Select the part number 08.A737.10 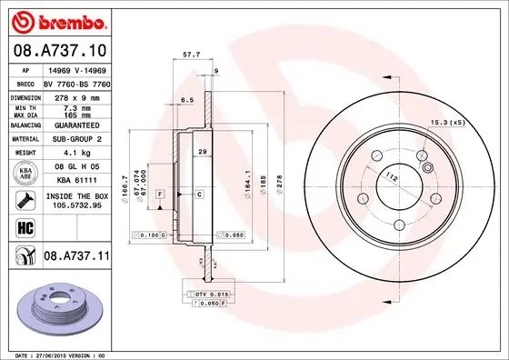click(59, 51)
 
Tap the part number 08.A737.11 click(76, 257)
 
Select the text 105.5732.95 click(75, 205)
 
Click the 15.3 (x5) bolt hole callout click(447, 122)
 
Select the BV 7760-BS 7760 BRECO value click(75, 84)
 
